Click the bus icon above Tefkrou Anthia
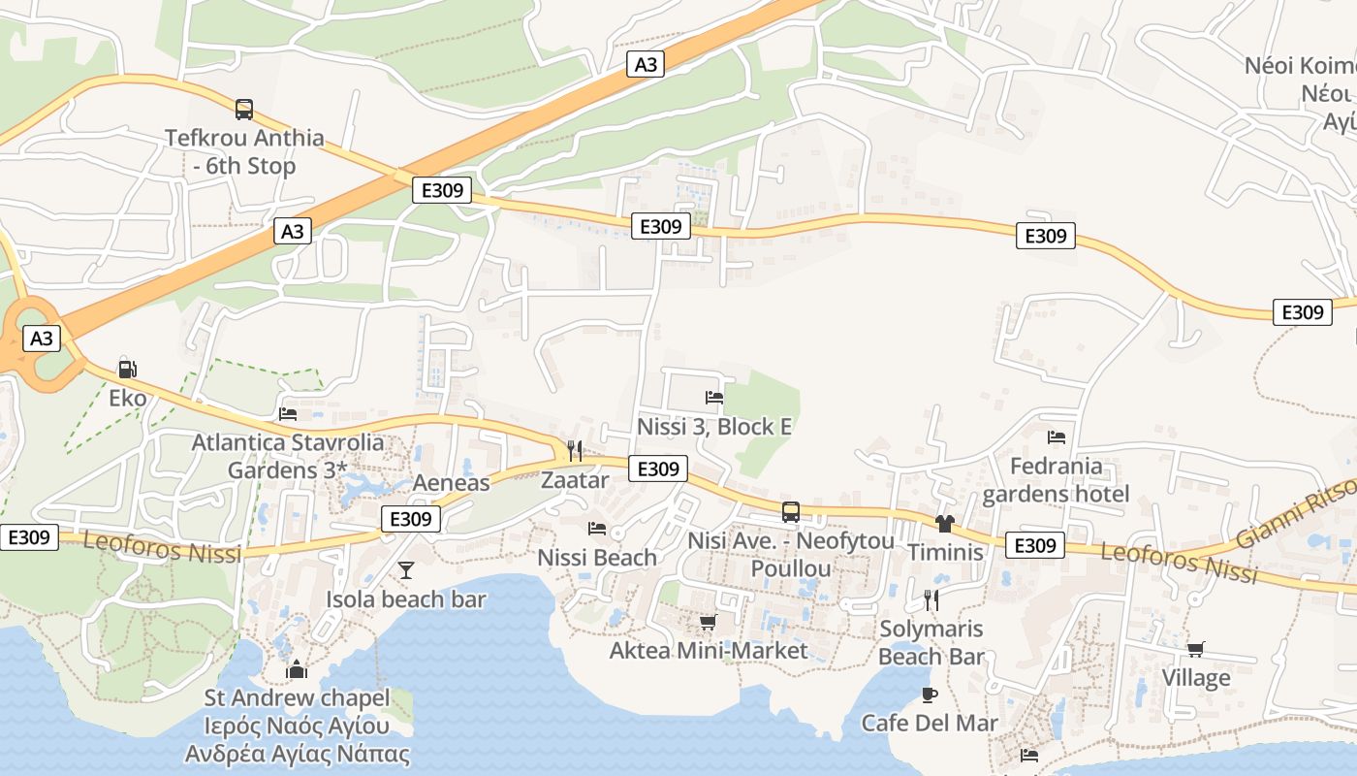(244, 110)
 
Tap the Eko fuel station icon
(127, 369)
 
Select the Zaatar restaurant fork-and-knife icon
(575, 450)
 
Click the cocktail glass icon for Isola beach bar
(406, 569)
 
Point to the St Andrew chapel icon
(297, 669)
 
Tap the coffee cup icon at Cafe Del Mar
(930, 695)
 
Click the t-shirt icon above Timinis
(945, 524)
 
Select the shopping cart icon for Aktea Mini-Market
(708, 622)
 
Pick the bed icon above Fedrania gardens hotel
(1057, 437)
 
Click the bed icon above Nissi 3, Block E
(714, 398)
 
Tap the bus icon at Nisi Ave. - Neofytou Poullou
(791, 512)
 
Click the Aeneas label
(452, 483)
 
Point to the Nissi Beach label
(597, 558)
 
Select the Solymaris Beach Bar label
(931, 643)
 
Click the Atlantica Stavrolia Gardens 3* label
(288, 457)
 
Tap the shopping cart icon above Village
(1196, 649)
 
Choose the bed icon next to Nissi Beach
(597, 529)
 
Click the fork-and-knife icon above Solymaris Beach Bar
(931, 599)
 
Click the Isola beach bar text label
(406, 599)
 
